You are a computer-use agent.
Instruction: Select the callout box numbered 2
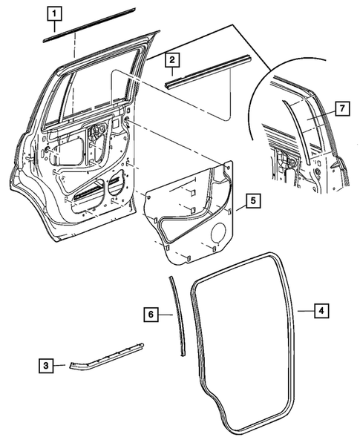click(x=171, y=59)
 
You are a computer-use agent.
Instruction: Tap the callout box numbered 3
click(x=45, y=364)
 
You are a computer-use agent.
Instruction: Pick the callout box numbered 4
click(x=319, y=312)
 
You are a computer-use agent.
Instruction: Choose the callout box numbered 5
click(x=252, y=200)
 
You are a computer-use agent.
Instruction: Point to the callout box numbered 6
click(x=149, y=315)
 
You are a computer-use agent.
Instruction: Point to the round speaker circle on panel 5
click(x=218, y=235)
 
